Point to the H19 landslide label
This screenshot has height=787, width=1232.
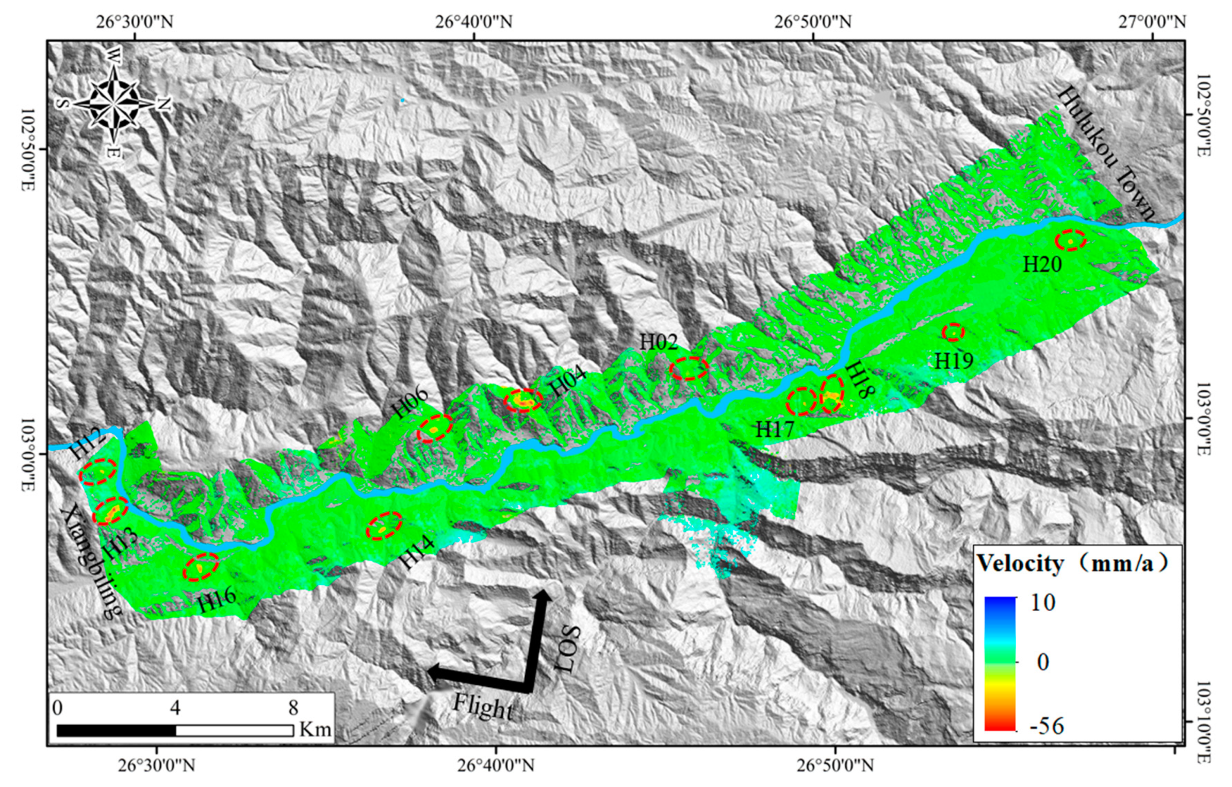(954, 361)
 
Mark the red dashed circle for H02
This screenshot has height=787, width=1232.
(689, 368)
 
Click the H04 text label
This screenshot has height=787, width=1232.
(568, 383)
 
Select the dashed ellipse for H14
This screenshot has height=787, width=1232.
(384, 526)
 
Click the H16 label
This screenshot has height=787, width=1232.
(217, 601)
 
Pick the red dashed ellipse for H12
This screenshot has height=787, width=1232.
(97, 471)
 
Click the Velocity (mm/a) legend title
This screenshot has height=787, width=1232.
(1072, 563)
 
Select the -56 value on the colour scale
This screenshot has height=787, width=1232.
(1044, 726)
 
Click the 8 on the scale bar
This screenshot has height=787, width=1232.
(292, 708)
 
